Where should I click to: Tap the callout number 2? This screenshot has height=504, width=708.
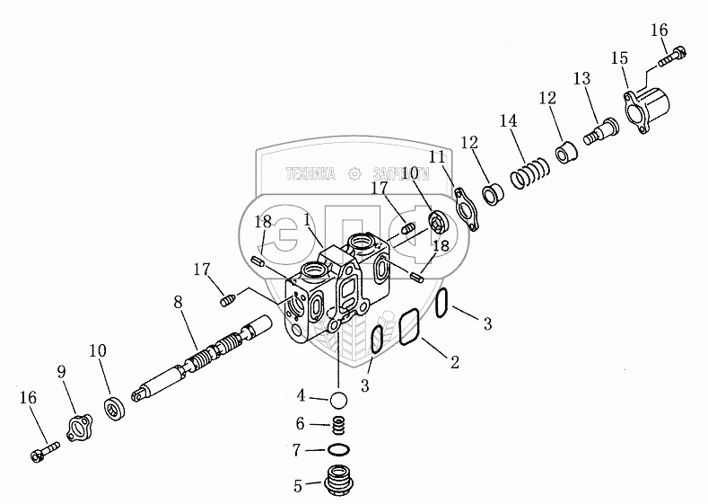point(455,362)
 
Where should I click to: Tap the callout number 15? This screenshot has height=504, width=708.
point(619,58)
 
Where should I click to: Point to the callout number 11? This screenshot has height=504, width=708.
point(437,157)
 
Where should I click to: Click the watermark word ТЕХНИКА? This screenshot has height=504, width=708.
point(310,174)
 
